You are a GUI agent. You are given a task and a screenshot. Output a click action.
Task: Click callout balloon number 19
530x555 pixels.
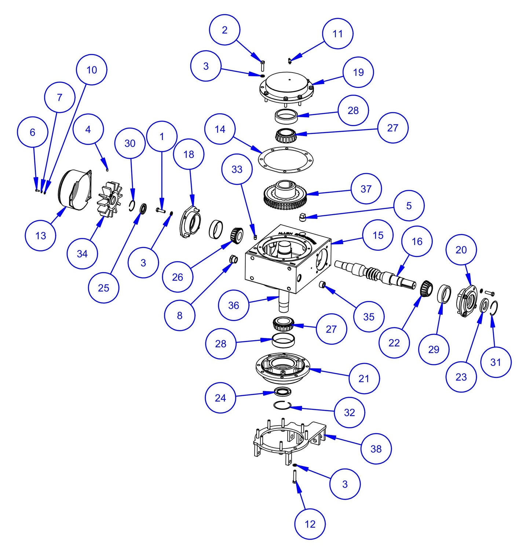coord(358,72)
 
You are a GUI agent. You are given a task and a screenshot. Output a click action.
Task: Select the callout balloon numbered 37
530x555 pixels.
coord(366,189)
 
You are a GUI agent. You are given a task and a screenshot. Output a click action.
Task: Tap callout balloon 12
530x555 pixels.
coord(310,524)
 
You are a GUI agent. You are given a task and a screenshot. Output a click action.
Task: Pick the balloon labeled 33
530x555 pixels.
coord(237,169)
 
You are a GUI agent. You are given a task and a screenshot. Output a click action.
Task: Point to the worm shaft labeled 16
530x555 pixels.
coord(374,273)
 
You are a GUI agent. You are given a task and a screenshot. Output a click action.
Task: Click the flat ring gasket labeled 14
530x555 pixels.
coord(286,160)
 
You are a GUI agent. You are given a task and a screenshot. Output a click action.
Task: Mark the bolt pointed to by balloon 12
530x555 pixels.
coord(295,477)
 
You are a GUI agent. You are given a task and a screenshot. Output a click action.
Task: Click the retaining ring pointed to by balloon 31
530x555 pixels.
coord(493,308)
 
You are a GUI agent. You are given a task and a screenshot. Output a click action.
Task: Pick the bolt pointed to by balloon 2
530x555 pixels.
coord(263,66)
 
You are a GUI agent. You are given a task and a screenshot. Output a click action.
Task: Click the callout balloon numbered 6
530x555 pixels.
coord(33,132)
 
